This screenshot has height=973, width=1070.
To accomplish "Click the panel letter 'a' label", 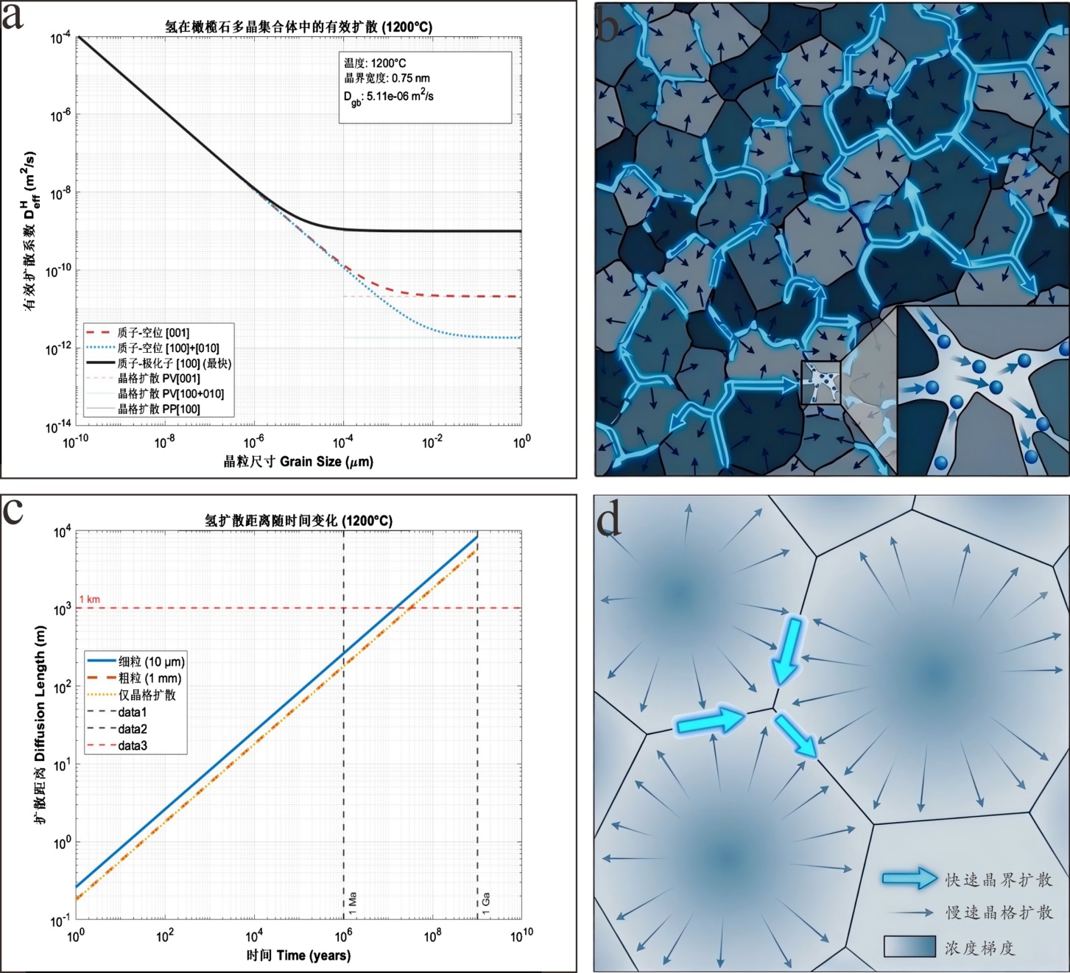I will click(x=13, y=16).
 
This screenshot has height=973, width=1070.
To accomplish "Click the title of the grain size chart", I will click(x=298, y=27).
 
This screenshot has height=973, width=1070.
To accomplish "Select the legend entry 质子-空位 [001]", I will click(x=153, y=333).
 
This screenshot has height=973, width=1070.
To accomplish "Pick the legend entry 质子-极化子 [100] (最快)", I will click(x=174, y=363).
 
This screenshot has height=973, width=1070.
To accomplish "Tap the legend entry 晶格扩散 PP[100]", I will click(x=158, y=409).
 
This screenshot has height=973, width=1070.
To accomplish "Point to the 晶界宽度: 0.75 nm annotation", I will click(x=387, y=78).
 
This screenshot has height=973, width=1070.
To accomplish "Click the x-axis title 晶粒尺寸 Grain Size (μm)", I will click(x=298, y=462).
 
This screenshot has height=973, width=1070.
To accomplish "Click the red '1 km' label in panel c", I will click(x=89, y=599).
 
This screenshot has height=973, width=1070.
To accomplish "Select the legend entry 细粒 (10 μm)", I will click(x=151, y=661).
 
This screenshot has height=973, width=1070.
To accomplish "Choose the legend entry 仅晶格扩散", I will click(x=147, y=695).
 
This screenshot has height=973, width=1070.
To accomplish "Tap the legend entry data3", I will click(x=133, y=745).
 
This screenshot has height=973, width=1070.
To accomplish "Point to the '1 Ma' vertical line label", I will click(x=352, y=903).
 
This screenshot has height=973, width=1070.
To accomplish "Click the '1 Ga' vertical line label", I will click(x=486, y=903).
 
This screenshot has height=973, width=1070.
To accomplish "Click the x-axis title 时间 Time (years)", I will click(x=298, y=955).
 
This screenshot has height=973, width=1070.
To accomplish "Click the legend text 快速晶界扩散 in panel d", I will click(x=999, y=879).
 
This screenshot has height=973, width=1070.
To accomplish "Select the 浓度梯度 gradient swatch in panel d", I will click(x=909, y=946).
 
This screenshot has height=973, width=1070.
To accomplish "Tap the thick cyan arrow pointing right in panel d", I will click(x=709, y=721).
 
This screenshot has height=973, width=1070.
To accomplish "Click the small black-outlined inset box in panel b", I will click(x=820, y=382).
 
